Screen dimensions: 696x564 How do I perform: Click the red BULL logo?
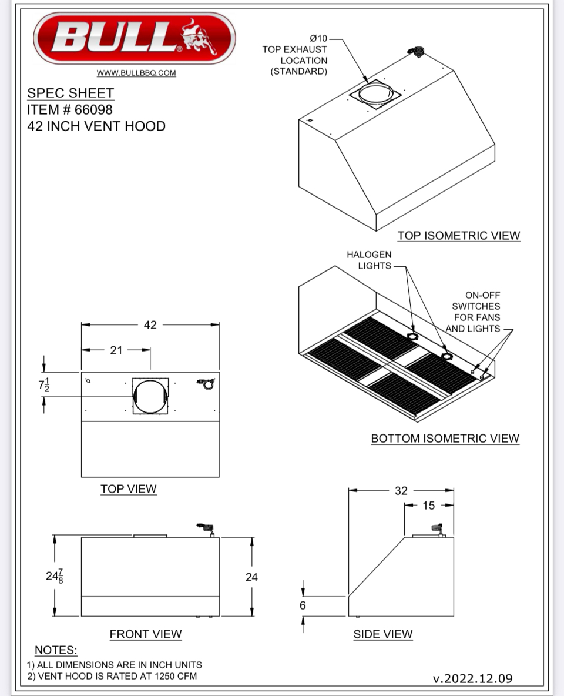click(135, 38)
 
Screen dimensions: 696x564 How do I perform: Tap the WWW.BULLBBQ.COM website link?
click(136, 73)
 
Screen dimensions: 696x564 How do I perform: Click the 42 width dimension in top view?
click(150, 324)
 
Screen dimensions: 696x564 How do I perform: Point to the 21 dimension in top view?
click(116, 350)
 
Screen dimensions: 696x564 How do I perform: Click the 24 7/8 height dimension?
click(55, 576)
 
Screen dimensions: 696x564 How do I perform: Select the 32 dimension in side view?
click(401, 490)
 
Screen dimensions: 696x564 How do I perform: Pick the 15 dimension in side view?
click(429, 506)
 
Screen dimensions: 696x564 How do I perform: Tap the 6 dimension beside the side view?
click(303, 605)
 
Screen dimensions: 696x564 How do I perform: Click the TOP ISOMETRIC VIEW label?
click(458, 236)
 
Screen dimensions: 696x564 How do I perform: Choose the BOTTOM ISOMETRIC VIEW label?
click(445, 439)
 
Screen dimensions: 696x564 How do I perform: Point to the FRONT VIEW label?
click(146, 634)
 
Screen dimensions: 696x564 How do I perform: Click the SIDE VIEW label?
click(383, 634)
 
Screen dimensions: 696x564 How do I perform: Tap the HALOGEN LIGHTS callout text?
click(369, 260)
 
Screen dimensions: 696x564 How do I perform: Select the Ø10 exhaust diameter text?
click(318, 39)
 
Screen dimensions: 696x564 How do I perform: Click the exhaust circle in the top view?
click(150, 397)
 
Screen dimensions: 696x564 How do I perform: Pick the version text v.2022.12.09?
click(472, 678)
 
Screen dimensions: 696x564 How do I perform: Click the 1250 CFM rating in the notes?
click(176, 676)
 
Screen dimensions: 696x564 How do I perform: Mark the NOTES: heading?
click(56, 650)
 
